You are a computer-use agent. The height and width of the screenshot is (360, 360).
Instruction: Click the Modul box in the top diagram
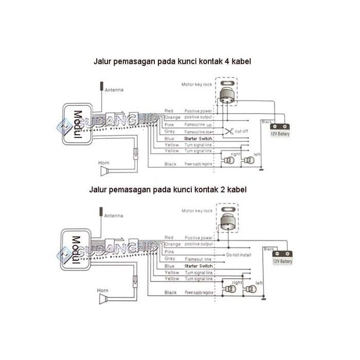[78, 124]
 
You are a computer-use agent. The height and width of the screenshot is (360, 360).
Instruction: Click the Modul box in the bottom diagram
[78, 251]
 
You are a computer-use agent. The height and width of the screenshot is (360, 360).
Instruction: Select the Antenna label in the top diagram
[114, 90]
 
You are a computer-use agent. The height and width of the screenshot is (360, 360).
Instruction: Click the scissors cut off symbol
[228, 131]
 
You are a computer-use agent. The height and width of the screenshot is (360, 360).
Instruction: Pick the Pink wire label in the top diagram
[169, 125]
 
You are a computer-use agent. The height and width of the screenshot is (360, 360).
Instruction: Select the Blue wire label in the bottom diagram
[169, 266]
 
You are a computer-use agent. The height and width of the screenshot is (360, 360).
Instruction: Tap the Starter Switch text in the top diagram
[198, 139]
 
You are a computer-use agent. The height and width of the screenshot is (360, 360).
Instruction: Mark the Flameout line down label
[198, 132]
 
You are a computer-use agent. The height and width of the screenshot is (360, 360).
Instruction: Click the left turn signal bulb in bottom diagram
[249, 289]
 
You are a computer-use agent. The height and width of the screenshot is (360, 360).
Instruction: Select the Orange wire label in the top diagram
[172, 118]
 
